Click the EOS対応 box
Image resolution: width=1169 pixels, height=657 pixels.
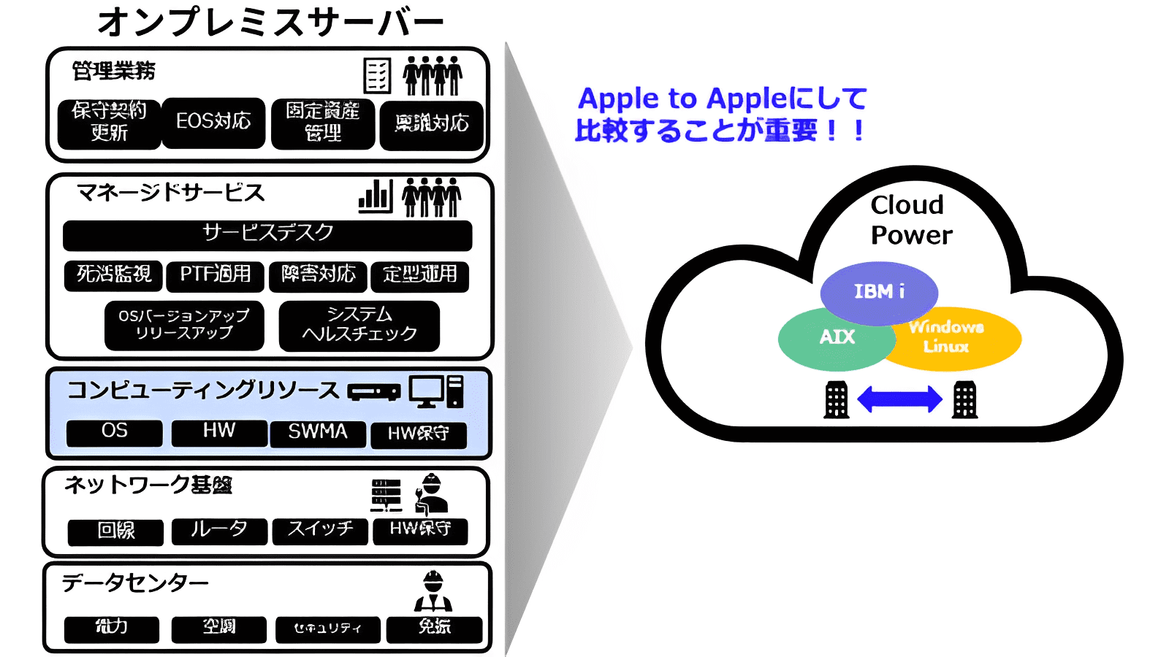point(213,123)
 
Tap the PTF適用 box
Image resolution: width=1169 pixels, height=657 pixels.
point(215,275)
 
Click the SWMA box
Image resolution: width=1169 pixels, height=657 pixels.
point(318,433)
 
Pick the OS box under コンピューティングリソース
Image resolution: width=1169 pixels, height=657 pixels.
point(114,432)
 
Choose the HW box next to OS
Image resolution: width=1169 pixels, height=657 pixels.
point(219,432)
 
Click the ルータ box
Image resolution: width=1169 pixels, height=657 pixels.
point(219,531)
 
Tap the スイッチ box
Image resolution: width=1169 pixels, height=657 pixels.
point(320,531)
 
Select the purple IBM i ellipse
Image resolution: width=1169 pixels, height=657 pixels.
point(879,291)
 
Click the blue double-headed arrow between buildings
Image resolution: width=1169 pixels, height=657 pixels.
point(899,399)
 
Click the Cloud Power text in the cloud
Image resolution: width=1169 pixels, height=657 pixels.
point(910,220)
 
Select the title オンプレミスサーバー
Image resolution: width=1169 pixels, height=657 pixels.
point(270,22)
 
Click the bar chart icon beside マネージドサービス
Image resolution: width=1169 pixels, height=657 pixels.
point(376,196)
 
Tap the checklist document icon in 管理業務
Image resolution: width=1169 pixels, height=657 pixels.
point(377,75)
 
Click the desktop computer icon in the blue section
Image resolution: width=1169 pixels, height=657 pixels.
point(435,391)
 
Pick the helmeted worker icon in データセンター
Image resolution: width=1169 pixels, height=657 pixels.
point(433,591)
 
